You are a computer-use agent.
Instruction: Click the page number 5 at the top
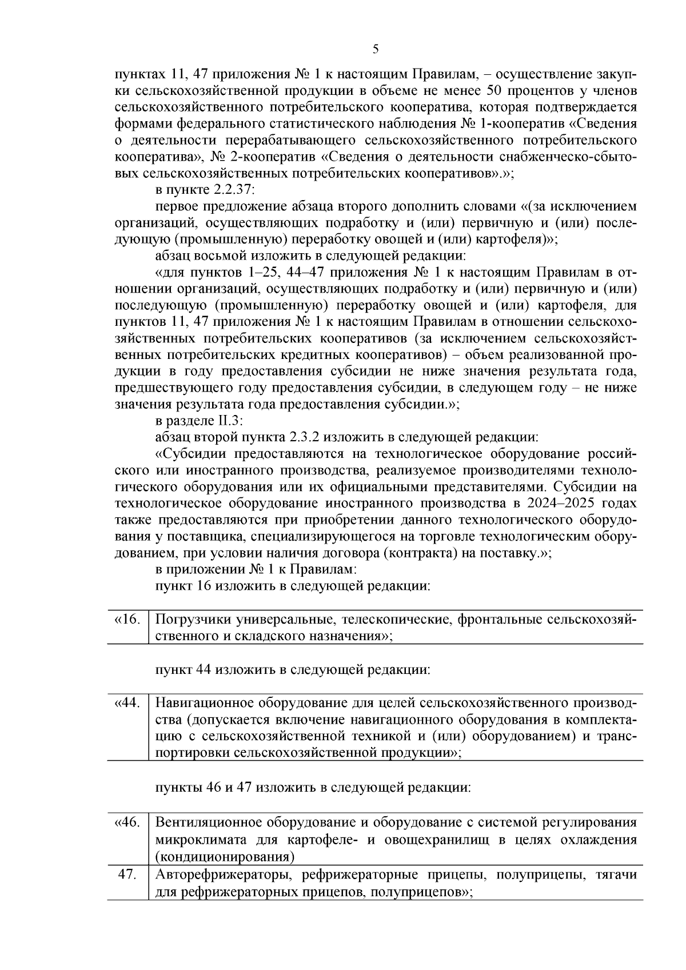click(x=375, y=49)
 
